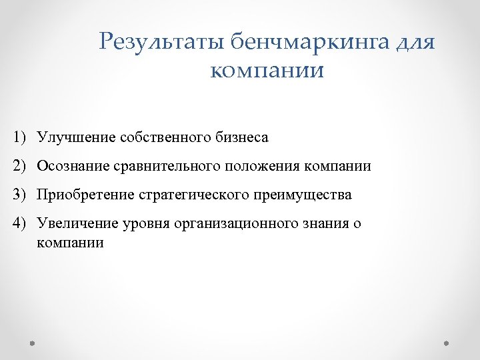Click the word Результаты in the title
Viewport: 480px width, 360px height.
coord(161,43)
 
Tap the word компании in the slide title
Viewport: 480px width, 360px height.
coord(267,70)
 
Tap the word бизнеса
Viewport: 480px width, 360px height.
coord(242,138)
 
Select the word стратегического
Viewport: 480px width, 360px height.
coord(193,195)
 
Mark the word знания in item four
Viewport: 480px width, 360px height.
coord(327,223)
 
